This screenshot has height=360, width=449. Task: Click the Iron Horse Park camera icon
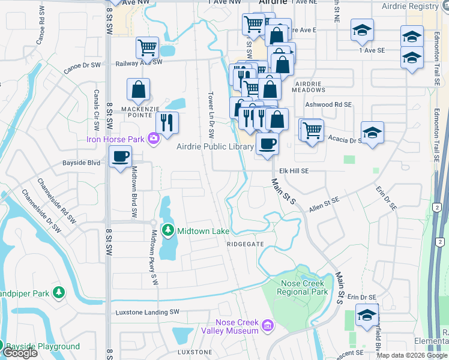pyautogui.click(x=154, y=139)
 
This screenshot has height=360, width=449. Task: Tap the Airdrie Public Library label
pyautogui.click(x=215, y=147)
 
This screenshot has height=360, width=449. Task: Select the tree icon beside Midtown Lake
pyautogui.click(x=169, y=230)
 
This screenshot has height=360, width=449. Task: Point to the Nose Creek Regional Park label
pyautogui.click(x=302, y=287)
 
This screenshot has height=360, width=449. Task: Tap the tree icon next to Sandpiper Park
pyautogui.click(x=59, y=292)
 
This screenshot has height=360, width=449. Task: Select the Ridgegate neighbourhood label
pyautogui.click(x=245, y=244)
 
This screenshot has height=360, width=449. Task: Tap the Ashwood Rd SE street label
pyautogui.click(x=328, y=104)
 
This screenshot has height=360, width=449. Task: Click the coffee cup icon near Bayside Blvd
pyautogui.click(x=121, y=156)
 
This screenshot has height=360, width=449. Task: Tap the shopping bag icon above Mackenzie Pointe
pyautogui.click(x=139, y=89)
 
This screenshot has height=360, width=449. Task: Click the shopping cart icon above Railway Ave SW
pyautogui.click(x=147, y=46)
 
